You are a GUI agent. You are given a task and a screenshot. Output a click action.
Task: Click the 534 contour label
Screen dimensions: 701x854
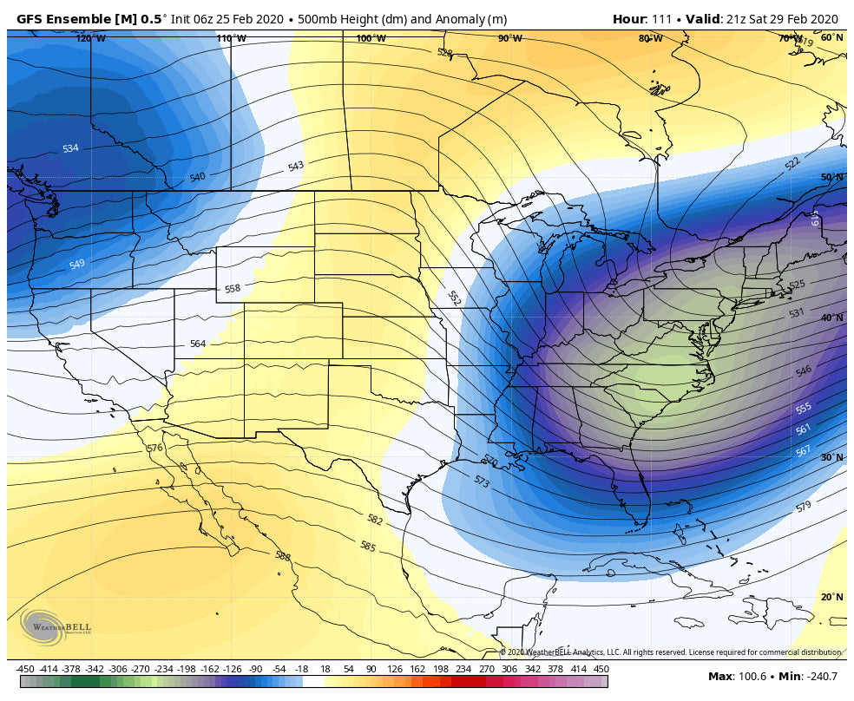click(x=70, y=148)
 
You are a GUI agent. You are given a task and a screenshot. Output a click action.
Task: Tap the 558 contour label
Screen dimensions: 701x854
click(x=233, y=289)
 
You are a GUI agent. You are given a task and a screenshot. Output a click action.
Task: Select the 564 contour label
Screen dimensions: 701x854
click(x=198, y=344)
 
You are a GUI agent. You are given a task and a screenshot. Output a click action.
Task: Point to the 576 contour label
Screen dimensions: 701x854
click(x=154, y=448)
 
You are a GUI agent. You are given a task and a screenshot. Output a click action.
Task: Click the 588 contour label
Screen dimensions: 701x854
click(x=282, y=556)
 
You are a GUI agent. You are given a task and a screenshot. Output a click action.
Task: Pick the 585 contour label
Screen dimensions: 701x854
click(x=368, y=547)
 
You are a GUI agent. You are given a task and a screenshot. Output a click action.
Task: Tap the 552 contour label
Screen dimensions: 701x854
click(x=453, y=298)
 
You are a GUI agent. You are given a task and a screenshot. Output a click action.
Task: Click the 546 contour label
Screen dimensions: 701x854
click(x=804, y=370)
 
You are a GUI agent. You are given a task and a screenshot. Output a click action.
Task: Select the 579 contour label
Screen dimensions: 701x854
click(x=804, y=506)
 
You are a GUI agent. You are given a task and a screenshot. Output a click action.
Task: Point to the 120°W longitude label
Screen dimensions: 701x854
click(x=90, y=38)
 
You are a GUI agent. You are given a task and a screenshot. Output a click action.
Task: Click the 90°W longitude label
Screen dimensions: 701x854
click(x=510, y=38)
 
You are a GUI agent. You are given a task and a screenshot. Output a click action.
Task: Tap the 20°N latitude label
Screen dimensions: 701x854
click(x=832, y=597)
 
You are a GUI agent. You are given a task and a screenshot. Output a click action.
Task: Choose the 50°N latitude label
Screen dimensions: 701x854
click(x=832, y=177)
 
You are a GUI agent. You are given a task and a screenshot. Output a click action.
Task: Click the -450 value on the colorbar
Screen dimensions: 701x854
click(x=25, y=669)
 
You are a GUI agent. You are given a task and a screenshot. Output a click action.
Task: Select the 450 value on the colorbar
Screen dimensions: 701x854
click(x=601, y=669)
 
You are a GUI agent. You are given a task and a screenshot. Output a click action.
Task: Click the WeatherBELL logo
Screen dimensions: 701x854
click(x=55, y=626)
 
